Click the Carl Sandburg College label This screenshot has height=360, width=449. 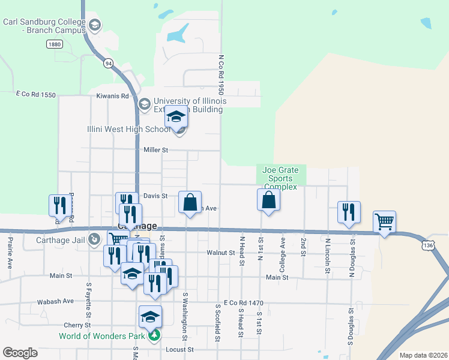(45, 25)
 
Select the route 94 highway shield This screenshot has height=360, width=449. (108, 63)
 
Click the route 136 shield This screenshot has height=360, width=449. (427, 245)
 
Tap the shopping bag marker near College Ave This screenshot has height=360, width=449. (269, 200)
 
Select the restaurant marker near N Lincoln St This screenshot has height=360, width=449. (349, 212)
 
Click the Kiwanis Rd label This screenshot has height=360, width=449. (112, 96)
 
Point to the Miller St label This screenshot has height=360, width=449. (155, 149)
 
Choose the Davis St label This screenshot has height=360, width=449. (155, 196)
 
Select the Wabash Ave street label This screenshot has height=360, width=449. (55, 301)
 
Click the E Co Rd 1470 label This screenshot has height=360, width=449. (243, 303)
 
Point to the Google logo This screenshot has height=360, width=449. (20, 353)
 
